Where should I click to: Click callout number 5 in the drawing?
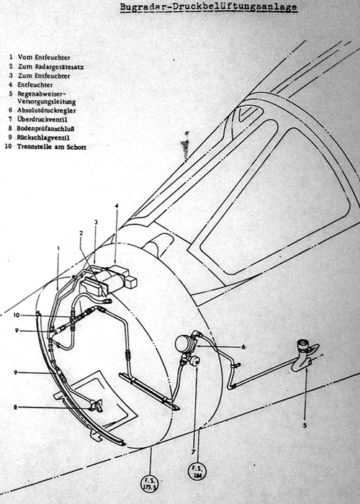(x=305, y=425)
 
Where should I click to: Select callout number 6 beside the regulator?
(x=243, y=346)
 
